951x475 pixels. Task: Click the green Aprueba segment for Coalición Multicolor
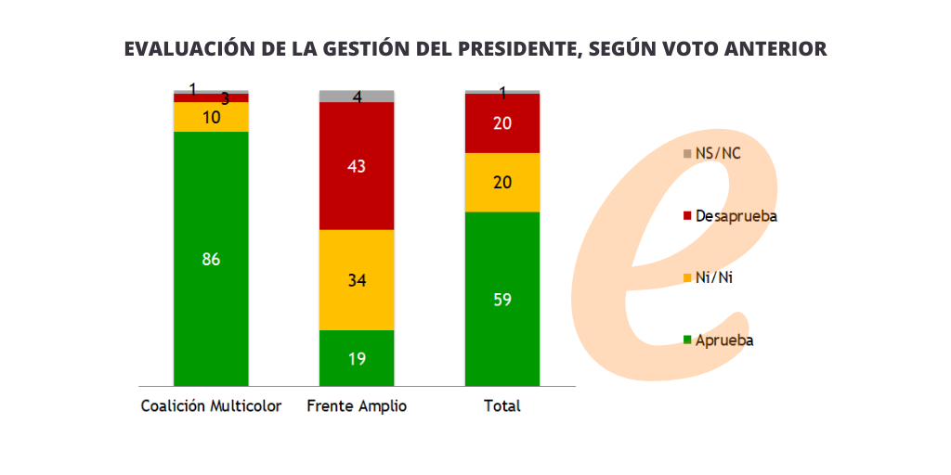pyautogui.click(x=211, y=278)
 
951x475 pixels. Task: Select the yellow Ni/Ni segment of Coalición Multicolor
pyautogui.click(x=211, y=117)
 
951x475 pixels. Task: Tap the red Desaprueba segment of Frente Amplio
pyautogui.click(x=357, y=186)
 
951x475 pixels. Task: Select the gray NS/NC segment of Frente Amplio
pyautogui.click(x=357, y=96)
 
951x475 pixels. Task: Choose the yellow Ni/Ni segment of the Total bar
pyautogui.click(x=502, y=182)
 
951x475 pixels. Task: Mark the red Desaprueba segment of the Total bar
pyautogui.click(x=502, y=122)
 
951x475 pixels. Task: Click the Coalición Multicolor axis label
pyautogui.click(x=211, y=406)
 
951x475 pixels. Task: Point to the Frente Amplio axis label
pyautogui.click(x=357, y=406)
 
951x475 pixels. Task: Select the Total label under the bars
pyautogui.click(x=502, y=406)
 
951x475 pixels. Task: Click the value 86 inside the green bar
pyautogui.click(x=211, y=260)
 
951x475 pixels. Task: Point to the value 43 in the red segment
pyautogui.click(x=357, y=167)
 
